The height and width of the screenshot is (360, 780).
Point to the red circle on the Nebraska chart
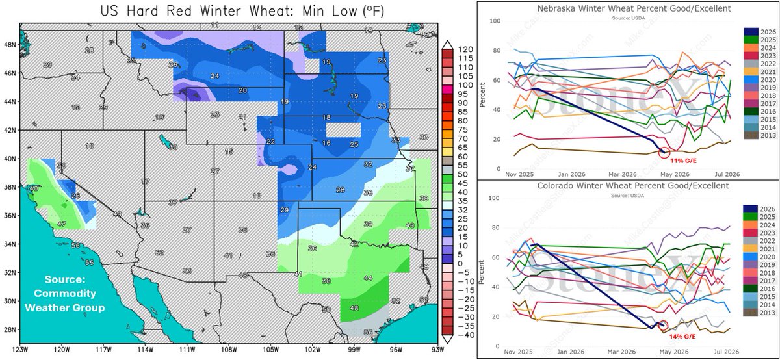(x=663, y=153)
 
